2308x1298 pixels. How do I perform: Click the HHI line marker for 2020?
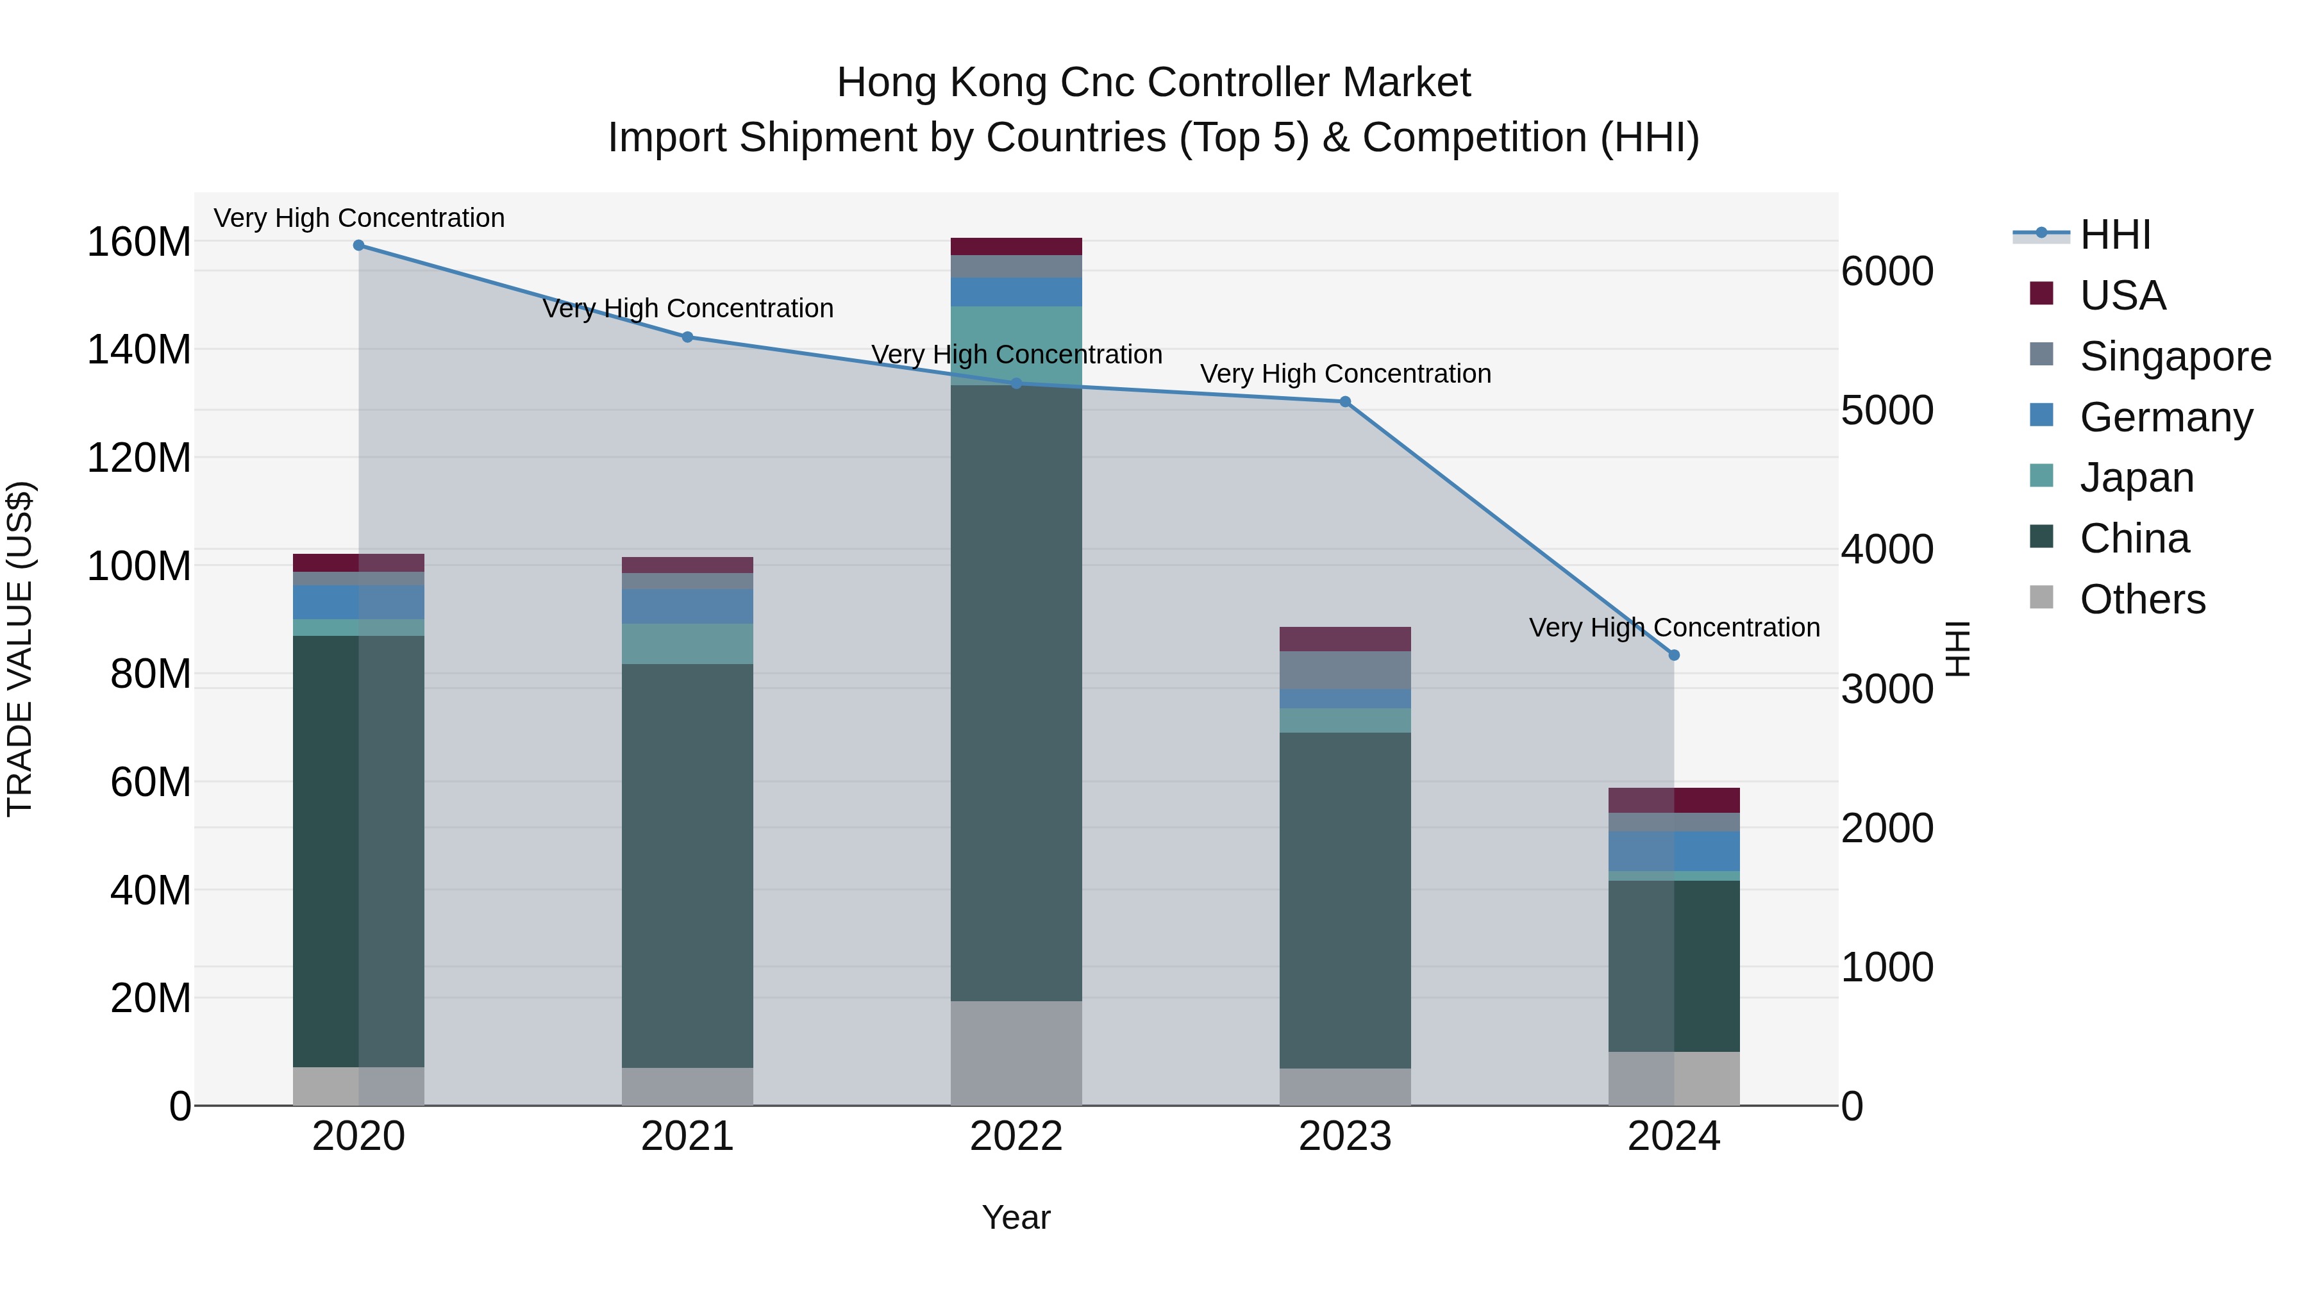(358, 245)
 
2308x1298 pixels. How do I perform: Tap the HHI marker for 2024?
(1674, 655)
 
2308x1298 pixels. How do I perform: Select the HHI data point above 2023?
(1345, 401)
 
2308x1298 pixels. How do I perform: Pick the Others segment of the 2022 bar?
(1016, 1053)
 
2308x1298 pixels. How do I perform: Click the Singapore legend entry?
(2175, 356)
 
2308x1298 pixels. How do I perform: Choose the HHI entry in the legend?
(2114, 235)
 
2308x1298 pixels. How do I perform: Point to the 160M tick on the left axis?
(139, 242)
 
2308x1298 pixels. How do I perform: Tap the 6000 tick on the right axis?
(1887, 271)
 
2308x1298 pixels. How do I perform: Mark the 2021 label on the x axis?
(687, 1136)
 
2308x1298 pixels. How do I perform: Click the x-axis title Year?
(1016, 1217)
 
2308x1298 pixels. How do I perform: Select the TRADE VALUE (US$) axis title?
(20, 649)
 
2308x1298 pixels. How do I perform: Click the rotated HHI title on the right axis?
(1959, 649)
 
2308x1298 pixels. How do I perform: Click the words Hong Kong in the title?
(942, 83)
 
